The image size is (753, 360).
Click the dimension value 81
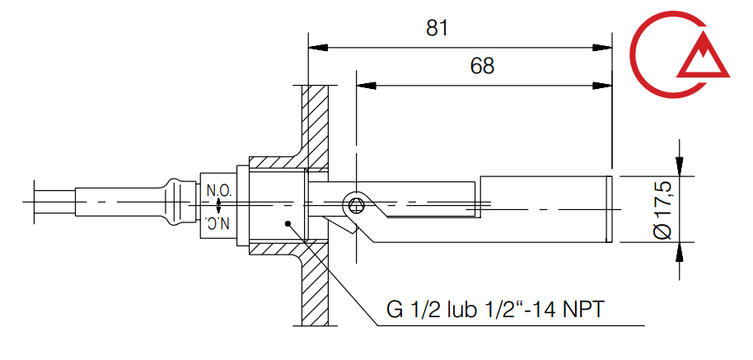pyautogui.click(x=437, y=28)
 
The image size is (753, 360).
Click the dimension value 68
pyautogui.click(x=482, y=67)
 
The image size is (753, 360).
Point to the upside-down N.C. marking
pyautogui.click(x=218, y=223)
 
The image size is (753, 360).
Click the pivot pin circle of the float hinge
pyautogui.click(x=355, y=205)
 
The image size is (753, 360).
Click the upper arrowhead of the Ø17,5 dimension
pyautogui.click(x=679, y=167)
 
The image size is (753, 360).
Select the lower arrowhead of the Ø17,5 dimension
pyautogui.click(x=679, y=250)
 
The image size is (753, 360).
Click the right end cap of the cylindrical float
pyautogui.click(x=610, y=209)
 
